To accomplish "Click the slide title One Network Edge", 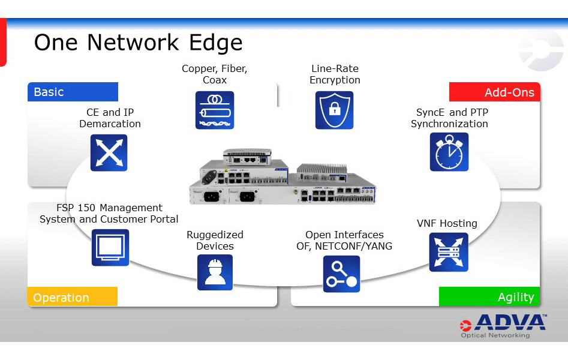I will [138, 43].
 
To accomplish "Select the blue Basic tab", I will [73, 92].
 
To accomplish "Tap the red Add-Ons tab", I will [495, 92].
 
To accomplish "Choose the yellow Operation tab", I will [72, 297].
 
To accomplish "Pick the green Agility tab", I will [489, 297].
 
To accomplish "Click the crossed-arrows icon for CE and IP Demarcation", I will [109, 152].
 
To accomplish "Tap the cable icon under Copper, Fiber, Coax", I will [214, 110].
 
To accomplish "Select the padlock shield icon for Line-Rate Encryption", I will [335, 110].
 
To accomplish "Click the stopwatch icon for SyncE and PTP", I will [449, 152].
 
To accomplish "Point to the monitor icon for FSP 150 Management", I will [110, 247].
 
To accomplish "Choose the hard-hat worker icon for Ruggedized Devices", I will [215, 272].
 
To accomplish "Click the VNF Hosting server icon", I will [449, 252].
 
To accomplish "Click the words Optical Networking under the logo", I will [495, 335].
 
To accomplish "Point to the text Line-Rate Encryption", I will [335, 74].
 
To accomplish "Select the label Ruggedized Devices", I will [215, 240].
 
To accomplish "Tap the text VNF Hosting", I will [447, 223].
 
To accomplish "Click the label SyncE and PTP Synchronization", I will [449, 118].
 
